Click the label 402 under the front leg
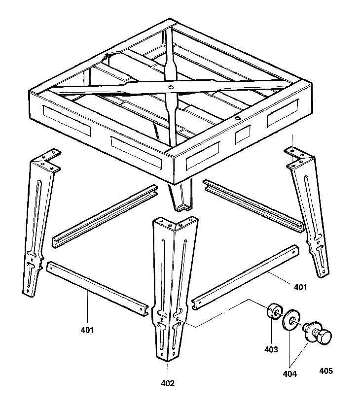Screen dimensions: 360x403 pos(168,382)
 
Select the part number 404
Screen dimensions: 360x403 pos(290,374)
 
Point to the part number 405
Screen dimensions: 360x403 pos(326,370)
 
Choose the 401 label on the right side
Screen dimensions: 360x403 pos(300,287)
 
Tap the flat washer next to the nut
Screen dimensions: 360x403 pos(290,319)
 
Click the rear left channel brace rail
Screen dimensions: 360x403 pos(104,217)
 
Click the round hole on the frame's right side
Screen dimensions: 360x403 pos(238,118)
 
